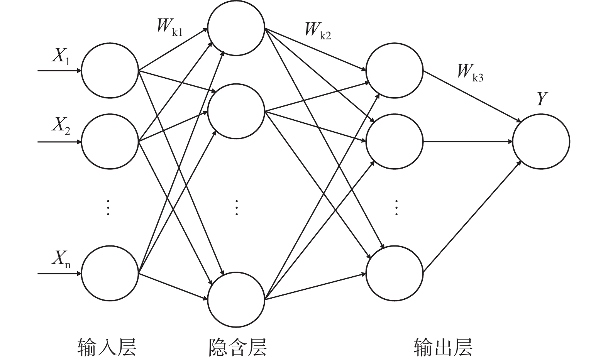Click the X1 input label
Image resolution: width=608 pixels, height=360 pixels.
coord(61,57)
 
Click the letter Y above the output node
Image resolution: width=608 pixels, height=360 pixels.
coord(542,99)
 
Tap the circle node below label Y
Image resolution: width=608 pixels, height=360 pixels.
coord(541,141)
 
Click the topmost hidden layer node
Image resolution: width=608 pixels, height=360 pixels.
coord(236,28)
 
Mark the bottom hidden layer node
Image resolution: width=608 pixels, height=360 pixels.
coord(236,299)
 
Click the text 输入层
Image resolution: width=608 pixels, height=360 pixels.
coord(107,346)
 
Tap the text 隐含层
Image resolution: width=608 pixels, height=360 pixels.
coord(237,346)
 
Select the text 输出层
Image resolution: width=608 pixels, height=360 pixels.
coord(443,346)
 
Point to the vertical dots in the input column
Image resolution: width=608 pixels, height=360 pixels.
coord(108,207)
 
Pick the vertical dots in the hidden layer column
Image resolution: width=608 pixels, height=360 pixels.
coord(237,207)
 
